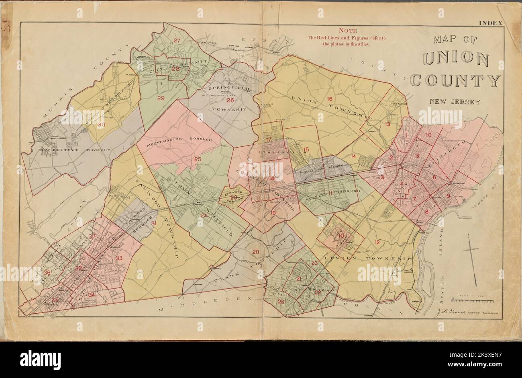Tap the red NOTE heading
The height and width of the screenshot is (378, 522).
coord(346,30)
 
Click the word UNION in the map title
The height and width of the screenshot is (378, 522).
coord(455,60)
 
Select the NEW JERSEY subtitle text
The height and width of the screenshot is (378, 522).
coord(455,101)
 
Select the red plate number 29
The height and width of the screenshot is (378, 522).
coord(161,99)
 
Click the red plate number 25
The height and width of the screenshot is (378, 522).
coord(198,159)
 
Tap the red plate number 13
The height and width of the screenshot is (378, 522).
coord(387,124)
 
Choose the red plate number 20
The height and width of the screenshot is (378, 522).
coord(255,252)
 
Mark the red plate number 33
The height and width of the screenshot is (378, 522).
coord(119,258)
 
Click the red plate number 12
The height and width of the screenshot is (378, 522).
coord(377,242)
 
